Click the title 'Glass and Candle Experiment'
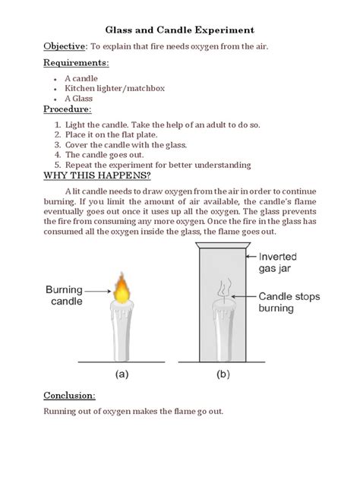click(179, 30)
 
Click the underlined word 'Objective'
click(64, 47)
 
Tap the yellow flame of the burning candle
click(123, 289)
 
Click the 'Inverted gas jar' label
click(285, 263)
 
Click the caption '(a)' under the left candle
click(122, 374)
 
